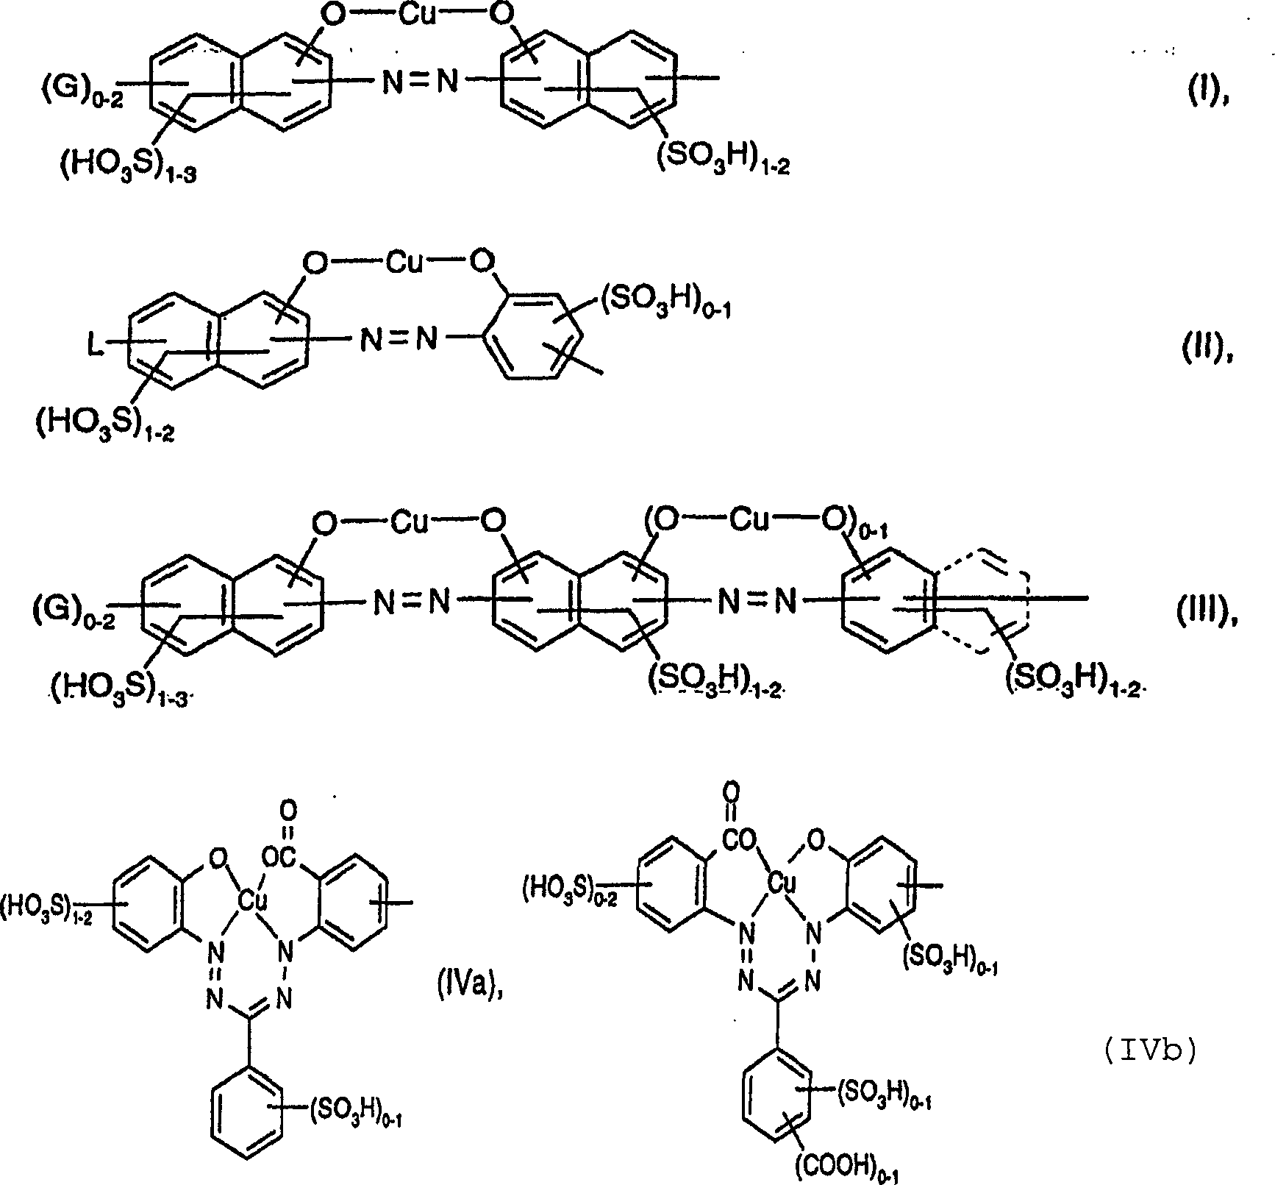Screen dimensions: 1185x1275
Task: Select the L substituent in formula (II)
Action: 96,346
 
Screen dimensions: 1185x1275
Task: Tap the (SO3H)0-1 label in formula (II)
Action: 665,304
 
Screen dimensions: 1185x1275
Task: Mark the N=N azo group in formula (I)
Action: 418,81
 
